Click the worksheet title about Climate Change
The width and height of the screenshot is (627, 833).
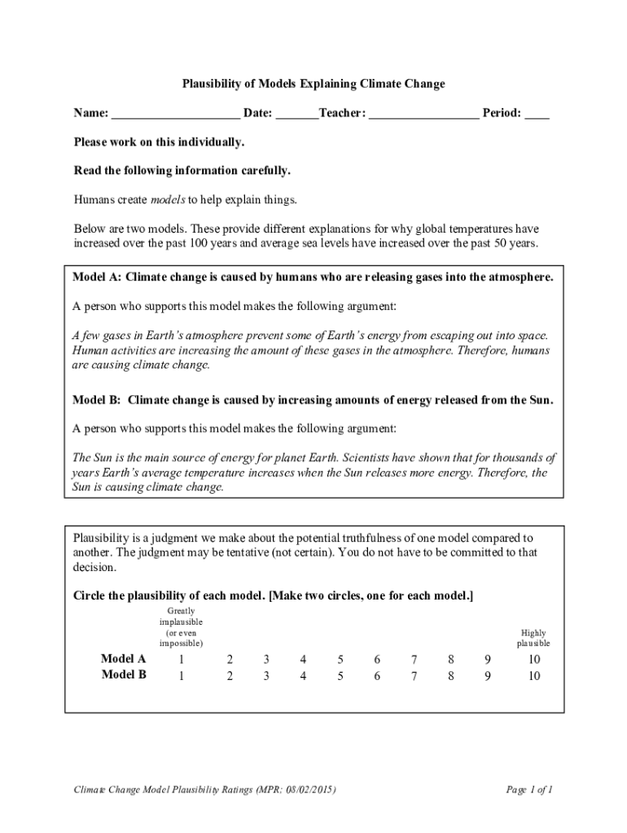(x=313, y=84)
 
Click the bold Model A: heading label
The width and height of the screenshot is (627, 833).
(x=97, y=277)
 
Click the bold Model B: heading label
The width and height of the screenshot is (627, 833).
(x=97, y=400)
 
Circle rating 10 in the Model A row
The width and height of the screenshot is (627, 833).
(x=533, y=659)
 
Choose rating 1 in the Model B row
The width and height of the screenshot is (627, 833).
(x=180, y=675)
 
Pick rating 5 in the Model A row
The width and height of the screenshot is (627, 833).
(x=340, y=659)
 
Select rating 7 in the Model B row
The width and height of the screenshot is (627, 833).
(x=414, y=675)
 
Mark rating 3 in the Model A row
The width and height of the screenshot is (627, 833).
(x=265, y=659)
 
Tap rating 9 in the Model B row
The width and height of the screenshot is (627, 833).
(x=488, y=675)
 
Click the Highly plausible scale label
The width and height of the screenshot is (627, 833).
(x=533, y=638)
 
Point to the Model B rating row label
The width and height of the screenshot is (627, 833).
(x=124, y=675)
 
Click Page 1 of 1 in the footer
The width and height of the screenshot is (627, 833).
(x=529, y=790)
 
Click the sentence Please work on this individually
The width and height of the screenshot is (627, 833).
(x=159, y=142)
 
